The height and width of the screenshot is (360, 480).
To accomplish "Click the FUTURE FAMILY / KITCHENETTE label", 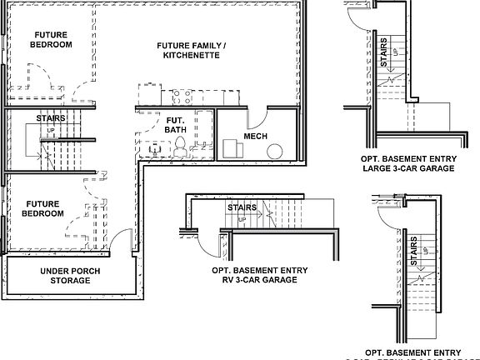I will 191,50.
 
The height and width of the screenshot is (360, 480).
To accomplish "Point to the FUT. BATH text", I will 176,124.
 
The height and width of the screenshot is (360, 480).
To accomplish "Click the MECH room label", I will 255,136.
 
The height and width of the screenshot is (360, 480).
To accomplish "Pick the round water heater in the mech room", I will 274,151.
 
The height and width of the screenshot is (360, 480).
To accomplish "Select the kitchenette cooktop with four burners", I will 183,93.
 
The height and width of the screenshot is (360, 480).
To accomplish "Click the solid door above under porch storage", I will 122,245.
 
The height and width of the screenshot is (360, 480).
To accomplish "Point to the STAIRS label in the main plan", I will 51,119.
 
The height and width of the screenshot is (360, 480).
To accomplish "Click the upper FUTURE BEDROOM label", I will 51,39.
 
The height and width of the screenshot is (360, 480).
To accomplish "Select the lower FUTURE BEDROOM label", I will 44,208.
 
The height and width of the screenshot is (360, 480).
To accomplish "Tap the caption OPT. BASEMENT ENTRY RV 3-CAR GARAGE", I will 259,276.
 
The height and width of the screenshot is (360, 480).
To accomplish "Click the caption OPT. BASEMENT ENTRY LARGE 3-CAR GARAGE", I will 408,162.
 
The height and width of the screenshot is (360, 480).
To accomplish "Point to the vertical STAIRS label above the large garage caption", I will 383,52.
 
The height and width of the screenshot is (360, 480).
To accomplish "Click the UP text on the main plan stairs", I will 51,131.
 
